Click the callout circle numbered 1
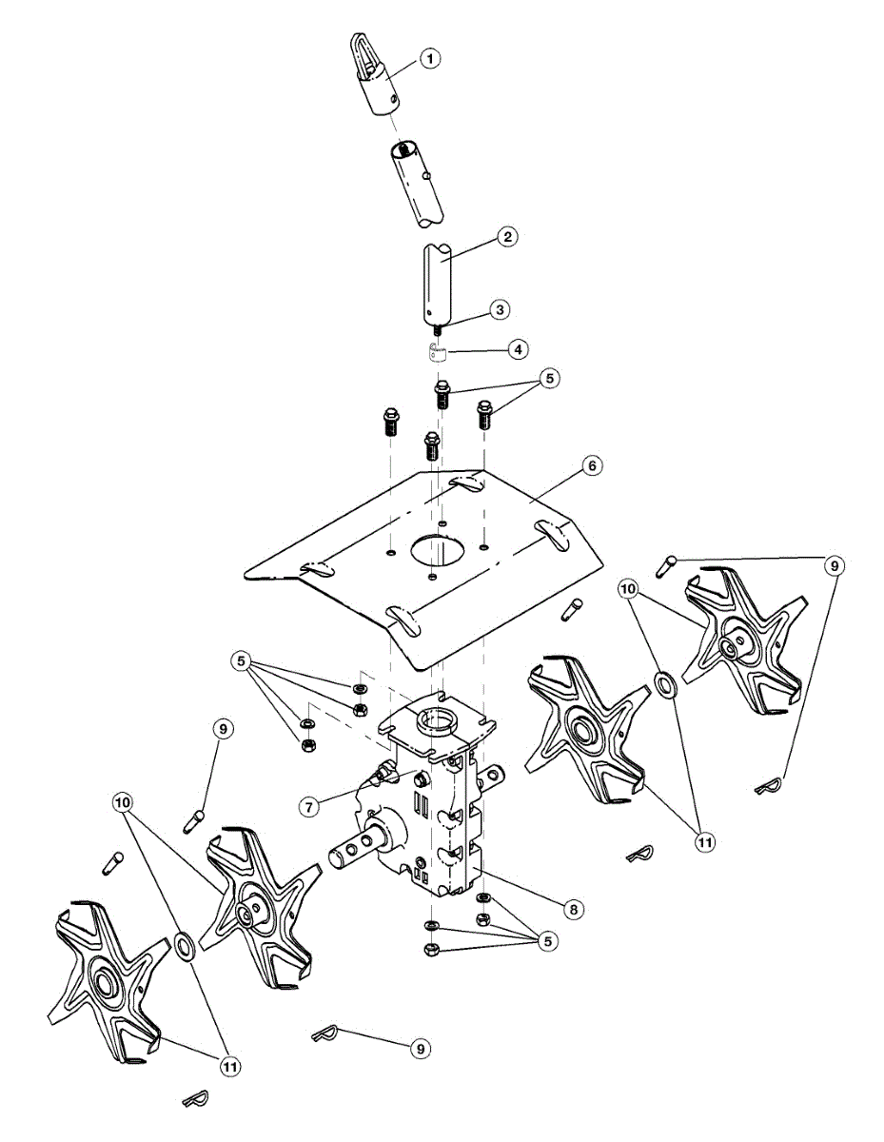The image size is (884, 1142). pos(431,59)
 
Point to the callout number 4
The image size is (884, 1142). pos(517,349)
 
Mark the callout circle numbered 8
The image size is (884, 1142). pos(572,909)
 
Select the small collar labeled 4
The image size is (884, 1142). pos(436,356)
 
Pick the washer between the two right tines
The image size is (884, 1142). pos(665,682)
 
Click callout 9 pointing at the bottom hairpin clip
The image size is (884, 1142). pos(419,1048)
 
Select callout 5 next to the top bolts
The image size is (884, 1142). pos(547,379)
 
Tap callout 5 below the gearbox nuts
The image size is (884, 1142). pos(546,940)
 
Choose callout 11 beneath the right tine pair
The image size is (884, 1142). pos(704,842)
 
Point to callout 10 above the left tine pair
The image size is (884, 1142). pos(123,803)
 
